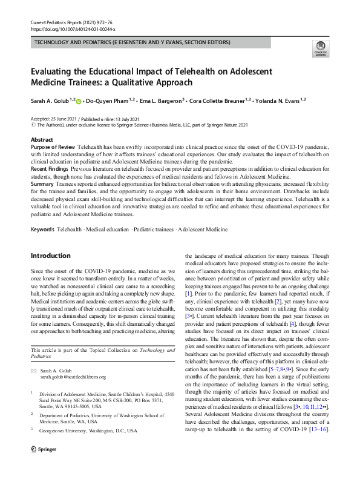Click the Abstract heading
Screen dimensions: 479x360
point(41,140)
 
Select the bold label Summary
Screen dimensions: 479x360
point(42,183)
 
